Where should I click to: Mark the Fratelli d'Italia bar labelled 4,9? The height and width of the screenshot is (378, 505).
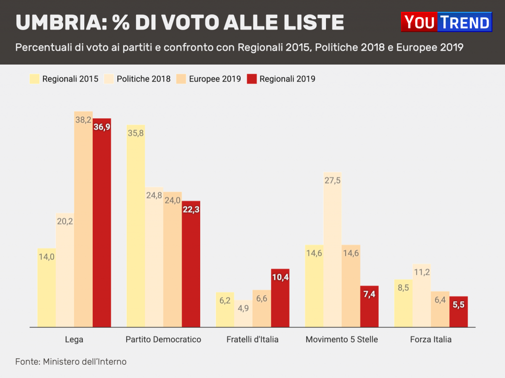[243, 314]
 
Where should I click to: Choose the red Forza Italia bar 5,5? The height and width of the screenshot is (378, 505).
[459, 311]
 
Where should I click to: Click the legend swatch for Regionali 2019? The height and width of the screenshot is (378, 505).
[252, 79]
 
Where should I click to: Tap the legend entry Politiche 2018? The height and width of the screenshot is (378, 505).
[144, 79]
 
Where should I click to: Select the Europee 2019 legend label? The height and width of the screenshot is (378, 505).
[215, 79]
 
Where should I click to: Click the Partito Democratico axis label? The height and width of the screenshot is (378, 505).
[163, 340]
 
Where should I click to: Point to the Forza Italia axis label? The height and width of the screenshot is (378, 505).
[431, 340]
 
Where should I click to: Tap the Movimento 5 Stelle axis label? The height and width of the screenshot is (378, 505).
[342, 340]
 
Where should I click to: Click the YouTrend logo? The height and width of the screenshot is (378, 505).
[446, 22]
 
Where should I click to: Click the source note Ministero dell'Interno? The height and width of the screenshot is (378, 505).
[84, 362]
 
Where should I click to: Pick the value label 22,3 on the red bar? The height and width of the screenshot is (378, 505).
[191, 209]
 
